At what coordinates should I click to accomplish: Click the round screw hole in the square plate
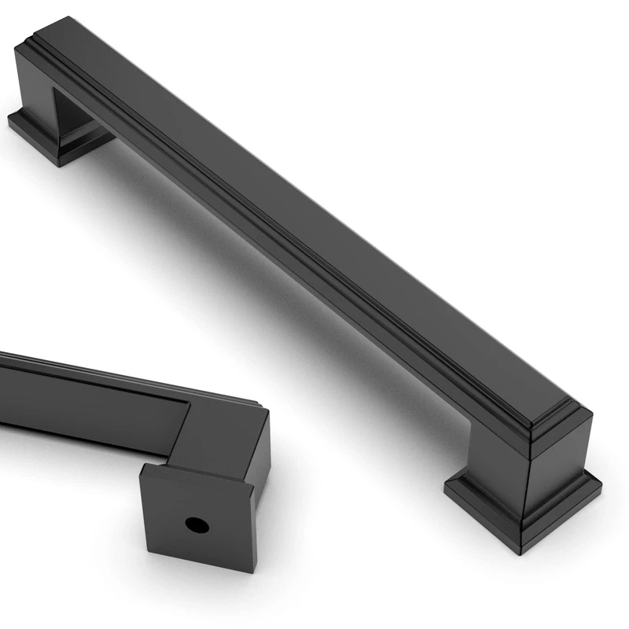[192, 522]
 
